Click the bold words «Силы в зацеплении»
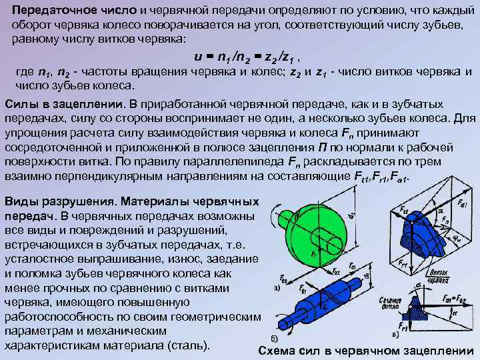pos(64,105)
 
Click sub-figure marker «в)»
pos(396,333)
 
